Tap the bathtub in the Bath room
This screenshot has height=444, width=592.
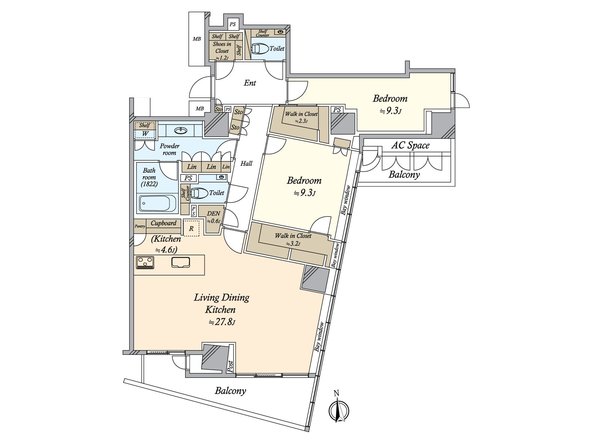(x=158, y=203)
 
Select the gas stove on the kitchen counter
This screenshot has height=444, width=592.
(x=145, y=263)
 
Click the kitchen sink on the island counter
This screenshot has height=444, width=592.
(x=181, y=262)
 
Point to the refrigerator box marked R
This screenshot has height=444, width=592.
(x=191, y=228)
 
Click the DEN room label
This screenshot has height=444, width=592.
(x=213, y=213)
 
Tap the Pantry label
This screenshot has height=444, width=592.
(x=140, y=226)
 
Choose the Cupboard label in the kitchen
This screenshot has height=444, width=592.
(x=164, y=223)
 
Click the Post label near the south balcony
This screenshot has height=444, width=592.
(x=231, y=366)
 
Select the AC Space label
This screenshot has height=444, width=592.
(x=410, y=145)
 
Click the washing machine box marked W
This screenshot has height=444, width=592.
(x=145, y=134)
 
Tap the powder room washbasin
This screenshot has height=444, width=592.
(x=181, y=131)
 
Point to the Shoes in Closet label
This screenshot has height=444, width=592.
(x=222, y=47)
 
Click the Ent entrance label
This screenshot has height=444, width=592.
(x=250, y=83)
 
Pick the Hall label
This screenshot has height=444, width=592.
(x=246, y=164)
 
